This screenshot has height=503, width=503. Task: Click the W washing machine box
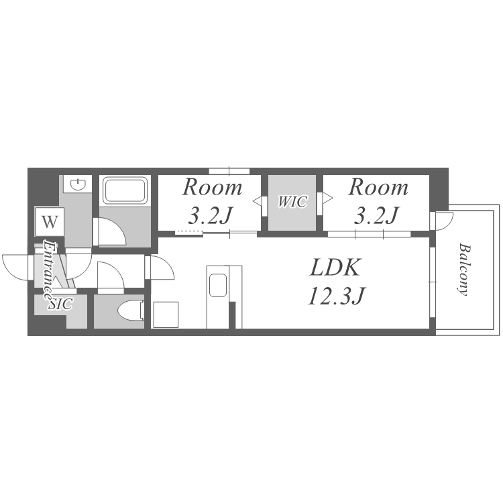point(50,222)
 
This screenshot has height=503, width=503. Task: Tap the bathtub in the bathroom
point(125,190)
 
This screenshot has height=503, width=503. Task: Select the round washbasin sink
point(78,184)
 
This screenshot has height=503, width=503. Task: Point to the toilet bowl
point(131,311)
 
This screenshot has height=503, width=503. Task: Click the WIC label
point(292,202)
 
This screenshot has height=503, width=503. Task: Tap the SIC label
point(60,304)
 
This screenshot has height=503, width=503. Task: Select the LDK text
point(335,268)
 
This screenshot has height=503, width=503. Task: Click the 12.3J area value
point(337,296)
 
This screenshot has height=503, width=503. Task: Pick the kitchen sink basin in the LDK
point(218,285)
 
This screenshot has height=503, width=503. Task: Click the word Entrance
point(49,270)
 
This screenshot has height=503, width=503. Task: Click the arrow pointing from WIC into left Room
point(258,201)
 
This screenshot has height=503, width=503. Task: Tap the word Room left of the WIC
point(212,187)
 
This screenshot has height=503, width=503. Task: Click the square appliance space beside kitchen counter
point(166,315)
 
